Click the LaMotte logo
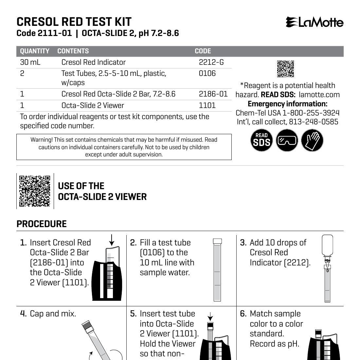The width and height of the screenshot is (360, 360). [315, 22]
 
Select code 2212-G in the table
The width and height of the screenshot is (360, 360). [211, 62]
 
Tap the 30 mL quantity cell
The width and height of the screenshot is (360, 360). [30, 62]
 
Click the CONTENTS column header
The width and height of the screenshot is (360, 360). [73, 51]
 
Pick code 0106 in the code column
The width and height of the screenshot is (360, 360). [207, 73]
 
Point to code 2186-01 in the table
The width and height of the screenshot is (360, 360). [213, 94]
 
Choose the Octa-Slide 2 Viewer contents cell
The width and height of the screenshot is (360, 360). [93, 105]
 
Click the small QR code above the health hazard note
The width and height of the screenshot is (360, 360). [285, 69]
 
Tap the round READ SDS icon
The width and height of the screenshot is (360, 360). [261, 140]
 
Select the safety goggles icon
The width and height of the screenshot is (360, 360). [287, 140]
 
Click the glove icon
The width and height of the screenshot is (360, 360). [312, 140]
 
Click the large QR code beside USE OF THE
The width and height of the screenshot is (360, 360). [35, 191]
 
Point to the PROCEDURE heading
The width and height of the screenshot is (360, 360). [42, 224]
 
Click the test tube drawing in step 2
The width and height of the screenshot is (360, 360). [217, 270]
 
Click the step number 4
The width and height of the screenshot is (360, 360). [23, 314]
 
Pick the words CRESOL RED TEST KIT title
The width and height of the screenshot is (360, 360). [74, 22]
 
